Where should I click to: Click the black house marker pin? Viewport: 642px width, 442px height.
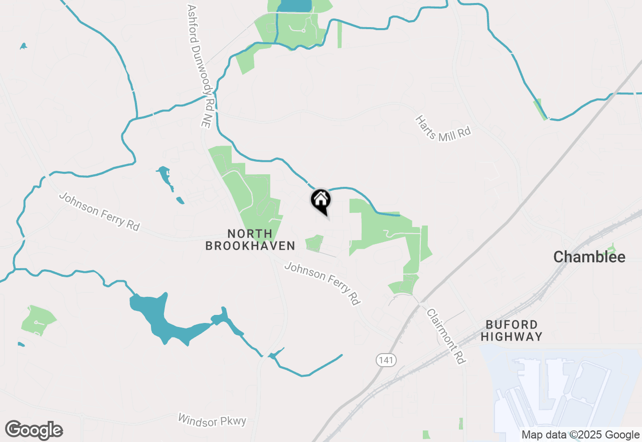321,201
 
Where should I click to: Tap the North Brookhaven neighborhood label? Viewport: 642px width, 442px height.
250,240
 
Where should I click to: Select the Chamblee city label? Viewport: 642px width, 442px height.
589,257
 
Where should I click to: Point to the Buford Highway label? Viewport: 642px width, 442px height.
511,330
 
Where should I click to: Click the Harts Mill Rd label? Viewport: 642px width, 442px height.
443,128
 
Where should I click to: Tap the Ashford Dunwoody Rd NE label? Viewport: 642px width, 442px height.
199,65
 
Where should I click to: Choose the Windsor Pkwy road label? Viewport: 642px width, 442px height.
213,420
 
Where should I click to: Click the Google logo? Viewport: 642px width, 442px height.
34,430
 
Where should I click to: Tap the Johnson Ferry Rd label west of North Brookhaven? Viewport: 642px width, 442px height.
99,211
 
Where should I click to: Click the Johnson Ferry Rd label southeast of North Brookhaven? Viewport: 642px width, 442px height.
323,283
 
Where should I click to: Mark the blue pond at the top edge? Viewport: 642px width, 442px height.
294,6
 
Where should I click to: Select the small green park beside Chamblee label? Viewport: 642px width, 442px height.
611,249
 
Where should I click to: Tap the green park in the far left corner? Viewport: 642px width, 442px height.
38,319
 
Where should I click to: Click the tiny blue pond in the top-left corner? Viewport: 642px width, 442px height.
23,46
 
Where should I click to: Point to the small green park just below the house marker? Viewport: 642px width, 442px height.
314,243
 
